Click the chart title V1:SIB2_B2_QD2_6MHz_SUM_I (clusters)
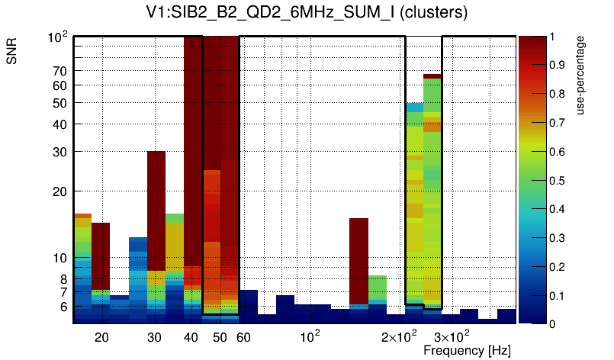pyautogui.click(x=306, y=13)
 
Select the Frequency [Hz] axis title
pyautogui.click(x=467, y=350)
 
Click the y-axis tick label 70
pyautogui.click(x=59, y=71)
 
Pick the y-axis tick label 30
pyautogui.click(x=59, y=152)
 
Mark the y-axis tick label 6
pyautogui.click(x=63, y=307)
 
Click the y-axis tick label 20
pyautogui.click(x=59, y=191)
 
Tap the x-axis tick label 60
pyautogui.click(x=243, y=337)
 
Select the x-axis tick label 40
pyautogui.click(x=191, y=337)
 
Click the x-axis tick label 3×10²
pyautogui.click(x=451, y=336)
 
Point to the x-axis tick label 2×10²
pyautogui.click(x=398, y=336)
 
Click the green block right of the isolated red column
pyautogui.click(x=378, y=288)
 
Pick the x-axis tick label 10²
pyautogui.click(x=310, y=336)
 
